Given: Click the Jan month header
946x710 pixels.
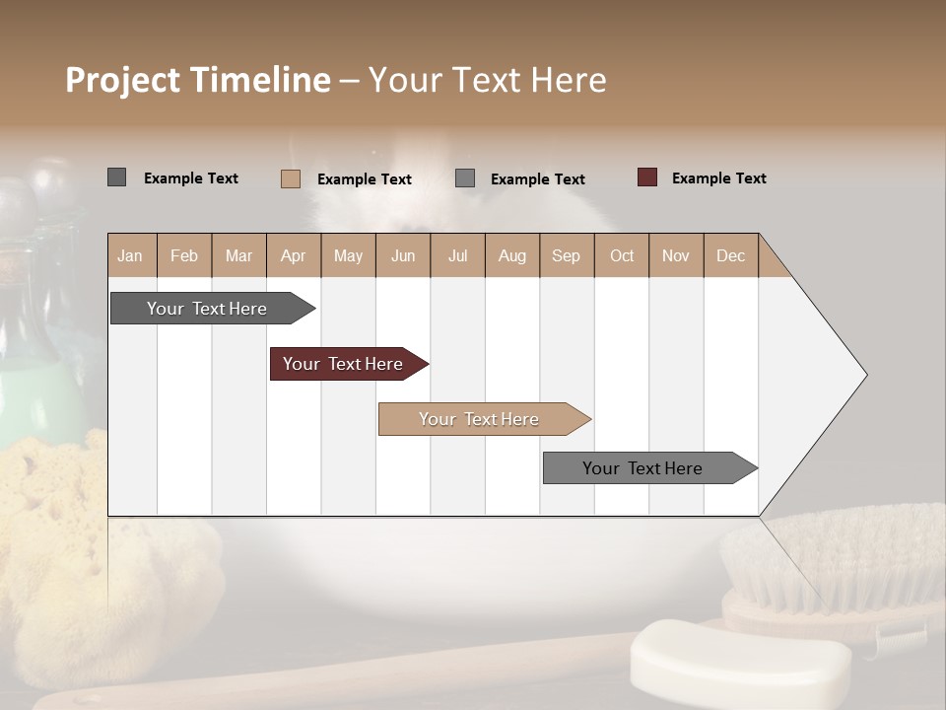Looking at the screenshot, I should pyautogui.click(x=130, y=255).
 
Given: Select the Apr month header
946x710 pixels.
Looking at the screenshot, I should pyautogui.click(x=293, y=255).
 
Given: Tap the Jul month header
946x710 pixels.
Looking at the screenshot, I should pyautogui.click(x=457, y=255).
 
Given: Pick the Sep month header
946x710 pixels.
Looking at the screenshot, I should pyautogui.click(x=566, y=255).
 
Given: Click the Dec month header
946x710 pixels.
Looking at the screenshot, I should pyautogui.click(x=730, y=255).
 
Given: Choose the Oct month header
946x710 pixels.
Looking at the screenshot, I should pyautogui.click(x=622, y=255).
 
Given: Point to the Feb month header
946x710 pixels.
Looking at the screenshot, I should pyautogui.click(x=184, y=255).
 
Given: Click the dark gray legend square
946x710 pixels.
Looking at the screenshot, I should pyautogui.click(x=117, y=177).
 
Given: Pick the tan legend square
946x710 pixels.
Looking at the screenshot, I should pyautogui.click(x=291, y=178).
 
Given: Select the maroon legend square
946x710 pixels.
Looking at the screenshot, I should pyautogui.click(x=647, y=177).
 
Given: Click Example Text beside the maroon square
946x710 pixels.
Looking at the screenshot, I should pyautogui.click(x=718, y=178).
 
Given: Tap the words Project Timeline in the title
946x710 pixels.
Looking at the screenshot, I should pyautogui.click(x=198, y=80).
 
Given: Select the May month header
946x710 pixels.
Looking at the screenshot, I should pyautogui.click(x=348, y=255).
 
